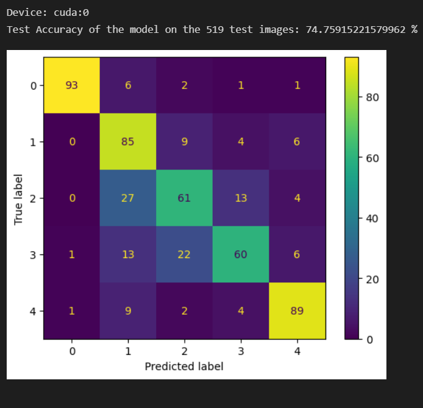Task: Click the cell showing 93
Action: point(72,85)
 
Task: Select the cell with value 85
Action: point(128,141)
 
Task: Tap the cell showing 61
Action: point(184,198)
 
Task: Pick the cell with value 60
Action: point(241,254)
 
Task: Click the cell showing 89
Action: point(297,310)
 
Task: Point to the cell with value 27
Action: point(128,198)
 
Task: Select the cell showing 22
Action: point(184,254)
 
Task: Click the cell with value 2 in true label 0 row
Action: point(184,85)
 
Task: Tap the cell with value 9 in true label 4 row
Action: point(128,310)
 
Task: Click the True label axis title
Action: point(18,198)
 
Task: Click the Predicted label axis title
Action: point(184,366)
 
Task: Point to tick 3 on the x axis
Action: point(241,351)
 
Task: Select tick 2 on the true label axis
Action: point(33,198)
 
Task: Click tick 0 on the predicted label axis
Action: point(72,351)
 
